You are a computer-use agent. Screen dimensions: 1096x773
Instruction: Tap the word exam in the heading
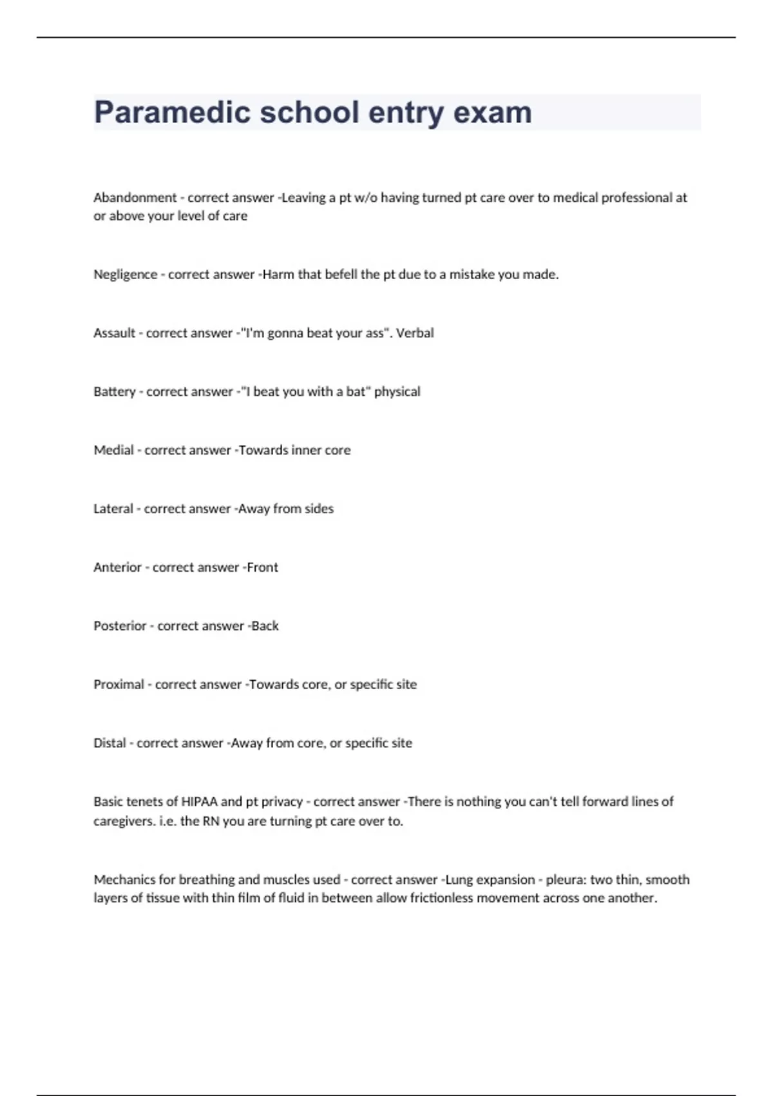(493, 113)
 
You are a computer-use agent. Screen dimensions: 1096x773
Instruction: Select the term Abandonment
(135, 197)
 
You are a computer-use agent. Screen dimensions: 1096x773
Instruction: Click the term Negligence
(125, 274)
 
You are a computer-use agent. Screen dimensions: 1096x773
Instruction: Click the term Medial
(113, 450)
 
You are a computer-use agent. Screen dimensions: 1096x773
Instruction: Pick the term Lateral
(113, 509)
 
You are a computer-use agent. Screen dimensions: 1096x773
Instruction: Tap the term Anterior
(117, 567)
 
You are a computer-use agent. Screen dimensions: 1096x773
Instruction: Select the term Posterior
(120, 626)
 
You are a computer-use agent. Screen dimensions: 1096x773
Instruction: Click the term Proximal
(119, 685)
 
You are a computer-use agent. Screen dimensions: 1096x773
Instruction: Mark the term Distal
(110, 743)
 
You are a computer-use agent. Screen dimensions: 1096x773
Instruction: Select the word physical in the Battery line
(397, 391)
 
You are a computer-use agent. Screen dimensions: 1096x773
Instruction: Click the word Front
(263, 567)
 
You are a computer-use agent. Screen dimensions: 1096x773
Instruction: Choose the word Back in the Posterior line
(265, 626)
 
